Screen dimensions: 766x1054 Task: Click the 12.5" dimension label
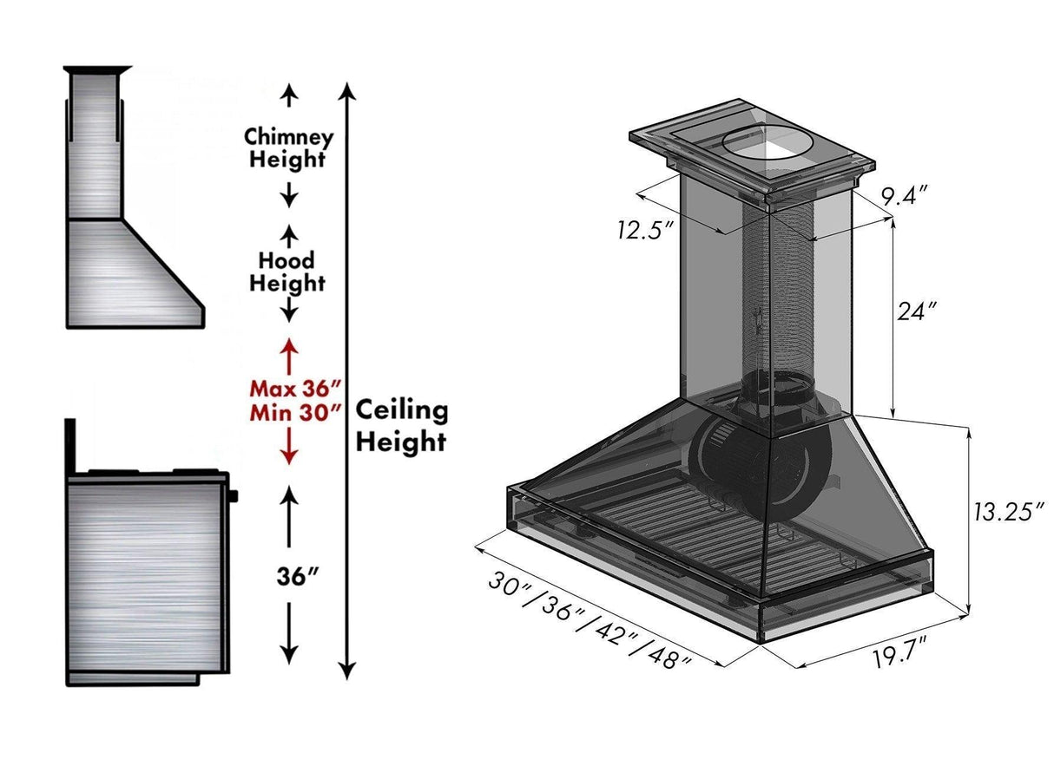click(646, 230)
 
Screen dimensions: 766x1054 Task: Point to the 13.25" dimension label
click(1005, 512)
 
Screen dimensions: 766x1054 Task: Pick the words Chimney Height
click(287, 148)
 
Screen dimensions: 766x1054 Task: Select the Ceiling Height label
click(402, 425)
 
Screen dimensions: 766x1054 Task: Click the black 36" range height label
click(290, 576)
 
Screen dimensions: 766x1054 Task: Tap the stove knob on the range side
click(234, 496)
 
